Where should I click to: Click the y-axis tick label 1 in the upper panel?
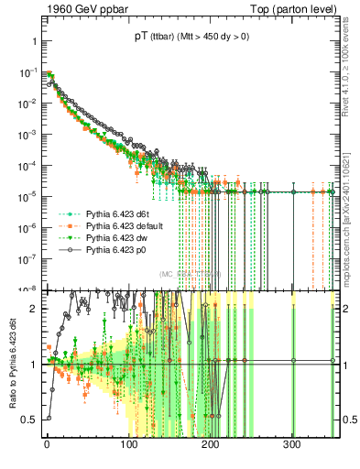[x=33, y=41]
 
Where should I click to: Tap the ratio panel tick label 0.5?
[x=29, y=420]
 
